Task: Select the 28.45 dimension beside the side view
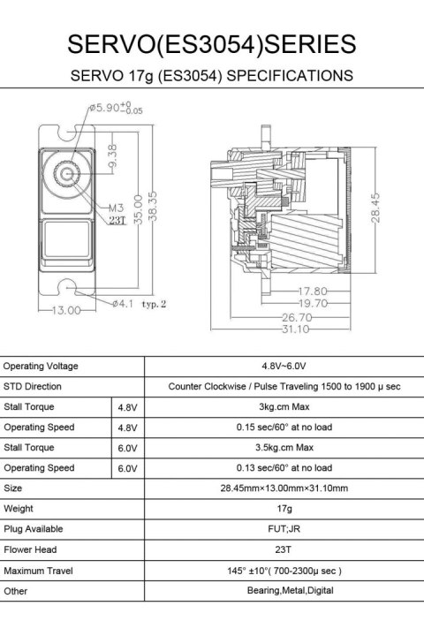coord(377,209)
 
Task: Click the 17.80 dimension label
coord(312,291)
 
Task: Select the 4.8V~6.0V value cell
coord(284,366)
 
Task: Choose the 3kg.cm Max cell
coord(284,406)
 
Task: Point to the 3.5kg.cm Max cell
coord(284,447)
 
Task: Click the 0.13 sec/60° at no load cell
coord(284,467)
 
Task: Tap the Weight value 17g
coord(284,508)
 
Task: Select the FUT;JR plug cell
coord(284,528)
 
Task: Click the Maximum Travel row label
coord(37,570)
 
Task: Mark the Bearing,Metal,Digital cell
coord(284,590)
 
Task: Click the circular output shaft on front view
coord(67,173)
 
